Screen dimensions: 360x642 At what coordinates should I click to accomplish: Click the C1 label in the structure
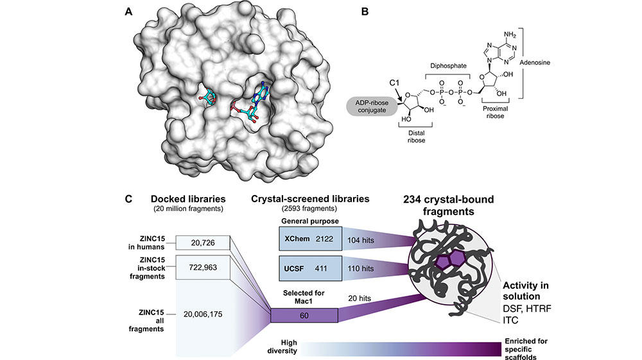pos(395,83)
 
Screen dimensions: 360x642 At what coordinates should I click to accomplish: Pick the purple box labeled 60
pos(304,316)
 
